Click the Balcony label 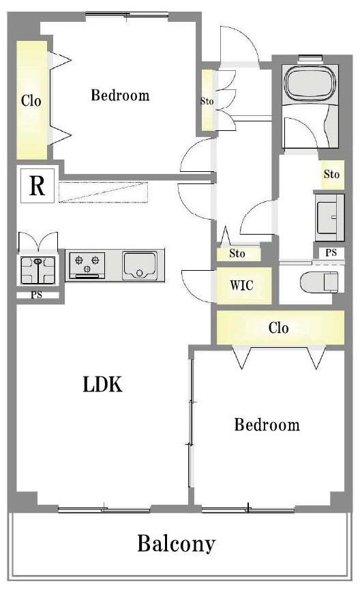point(176,544)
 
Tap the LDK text point(102,385)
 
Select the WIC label point(241,285)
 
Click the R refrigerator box point(37,186)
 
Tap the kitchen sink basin point(139,265)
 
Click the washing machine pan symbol point(38,270)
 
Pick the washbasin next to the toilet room point(329,218)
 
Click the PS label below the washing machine point(37,295)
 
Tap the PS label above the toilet point(331,253)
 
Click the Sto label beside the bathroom point(331,174)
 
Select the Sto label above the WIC point(237,254)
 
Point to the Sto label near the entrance point(207,101)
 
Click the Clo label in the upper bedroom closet point(31,101)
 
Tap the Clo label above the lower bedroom point(279,327)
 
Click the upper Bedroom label point(120,95)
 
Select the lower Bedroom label point(267,424)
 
